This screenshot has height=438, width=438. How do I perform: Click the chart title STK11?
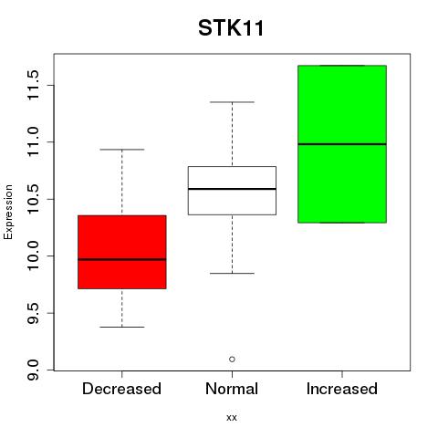[231, 28]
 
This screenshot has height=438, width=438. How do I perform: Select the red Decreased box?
[122, 252]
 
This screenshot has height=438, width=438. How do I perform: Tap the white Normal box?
[232, 191]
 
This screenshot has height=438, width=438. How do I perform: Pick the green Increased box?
[342, 144]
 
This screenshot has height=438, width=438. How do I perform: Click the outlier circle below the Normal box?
[232, 360]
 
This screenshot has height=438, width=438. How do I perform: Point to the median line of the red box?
[122, 259]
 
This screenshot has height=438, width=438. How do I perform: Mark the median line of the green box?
[342, 144]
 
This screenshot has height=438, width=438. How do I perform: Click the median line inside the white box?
[232, 189]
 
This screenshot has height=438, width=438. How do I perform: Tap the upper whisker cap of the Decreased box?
[122, 150]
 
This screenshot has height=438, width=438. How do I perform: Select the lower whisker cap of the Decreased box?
[122, 327]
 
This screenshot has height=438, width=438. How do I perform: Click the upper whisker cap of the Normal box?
[232, 102]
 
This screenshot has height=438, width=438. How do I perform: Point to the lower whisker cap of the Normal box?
[232, 273]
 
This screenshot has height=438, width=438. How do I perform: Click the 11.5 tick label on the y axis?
[33, 85]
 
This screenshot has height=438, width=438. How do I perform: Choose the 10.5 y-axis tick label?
[33, 199]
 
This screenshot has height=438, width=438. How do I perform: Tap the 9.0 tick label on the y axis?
[33, 370]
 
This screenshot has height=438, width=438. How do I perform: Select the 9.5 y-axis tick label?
[33, 313]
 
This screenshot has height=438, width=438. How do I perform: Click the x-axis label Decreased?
[121, 389]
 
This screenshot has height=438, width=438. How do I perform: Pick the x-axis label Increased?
[342, 389]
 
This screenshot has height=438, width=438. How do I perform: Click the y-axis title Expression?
[8, 212]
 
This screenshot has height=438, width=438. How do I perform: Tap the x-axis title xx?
[232, 418]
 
